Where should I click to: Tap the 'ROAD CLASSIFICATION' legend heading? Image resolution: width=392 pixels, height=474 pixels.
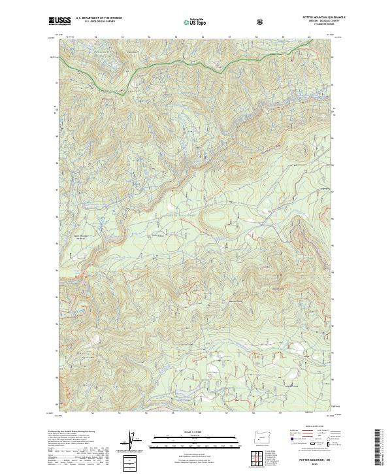point(312,428)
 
